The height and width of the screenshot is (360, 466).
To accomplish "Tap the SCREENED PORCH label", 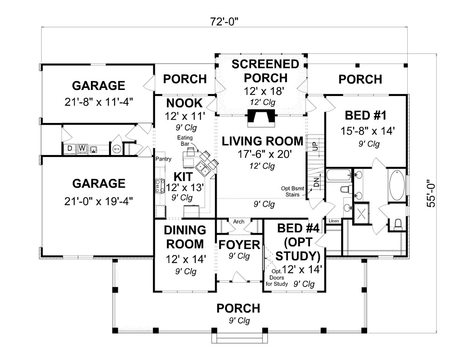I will [x=265, y=71].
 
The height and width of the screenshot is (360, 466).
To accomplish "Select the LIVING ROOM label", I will [x=262, y=141].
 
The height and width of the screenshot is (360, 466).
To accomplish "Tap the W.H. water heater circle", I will [x=116, y=149].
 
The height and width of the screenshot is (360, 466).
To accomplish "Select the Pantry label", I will [x=164, y=159].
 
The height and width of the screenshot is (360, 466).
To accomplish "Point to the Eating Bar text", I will [x=183, y=141].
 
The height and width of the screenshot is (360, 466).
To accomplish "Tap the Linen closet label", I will [x=333, y=221].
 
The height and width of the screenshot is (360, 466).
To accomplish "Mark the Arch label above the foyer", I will [x=239, y=222].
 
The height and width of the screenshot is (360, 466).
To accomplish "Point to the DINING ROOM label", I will [x=185, y=237].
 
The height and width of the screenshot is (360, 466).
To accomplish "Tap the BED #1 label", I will [x=364, y=115].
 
